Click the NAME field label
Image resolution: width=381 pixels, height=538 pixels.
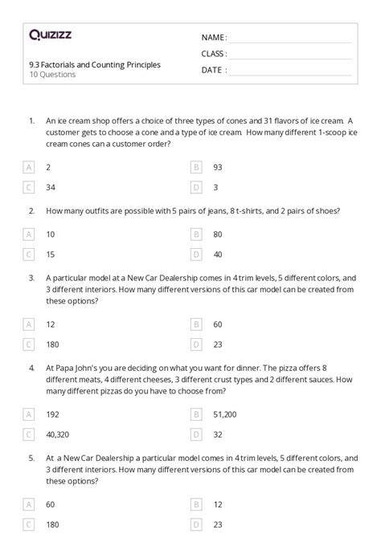214,37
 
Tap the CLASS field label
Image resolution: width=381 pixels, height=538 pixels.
214,54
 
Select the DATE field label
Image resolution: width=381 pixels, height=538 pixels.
213,70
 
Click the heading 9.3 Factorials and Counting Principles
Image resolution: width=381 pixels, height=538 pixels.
94,64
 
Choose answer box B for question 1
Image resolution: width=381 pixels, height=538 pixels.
196,167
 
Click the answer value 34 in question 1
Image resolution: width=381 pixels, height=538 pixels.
51,187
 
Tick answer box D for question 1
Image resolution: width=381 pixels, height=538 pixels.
196,187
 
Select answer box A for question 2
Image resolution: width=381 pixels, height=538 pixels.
30,234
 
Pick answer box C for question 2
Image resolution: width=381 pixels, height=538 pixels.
30,255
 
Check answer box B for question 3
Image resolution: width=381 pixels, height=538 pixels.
196,324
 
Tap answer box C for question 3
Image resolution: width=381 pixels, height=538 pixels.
30,344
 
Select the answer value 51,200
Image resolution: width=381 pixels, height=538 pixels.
224,414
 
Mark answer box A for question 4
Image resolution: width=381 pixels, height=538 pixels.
30,414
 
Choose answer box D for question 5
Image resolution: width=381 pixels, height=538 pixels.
196,524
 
